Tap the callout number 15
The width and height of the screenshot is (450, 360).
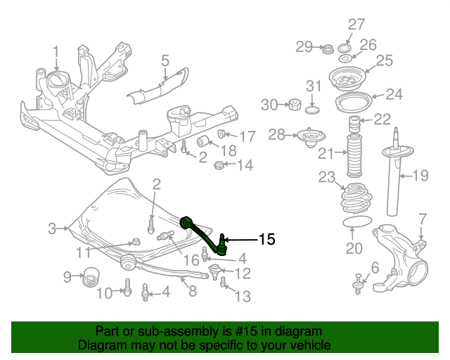266,240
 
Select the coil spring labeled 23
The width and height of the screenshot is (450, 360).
357,199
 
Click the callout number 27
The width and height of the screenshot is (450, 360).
356,24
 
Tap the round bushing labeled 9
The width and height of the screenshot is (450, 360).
89,278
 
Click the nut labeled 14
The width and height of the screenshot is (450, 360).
219,167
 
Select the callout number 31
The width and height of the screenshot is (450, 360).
313,86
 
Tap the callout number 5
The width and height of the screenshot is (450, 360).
165,61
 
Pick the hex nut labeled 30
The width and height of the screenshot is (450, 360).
290,105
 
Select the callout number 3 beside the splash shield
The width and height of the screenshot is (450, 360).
52,228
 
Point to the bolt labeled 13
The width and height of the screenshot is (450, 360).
223,283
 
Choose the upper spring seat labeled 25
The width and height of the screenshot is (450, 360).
347,79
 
